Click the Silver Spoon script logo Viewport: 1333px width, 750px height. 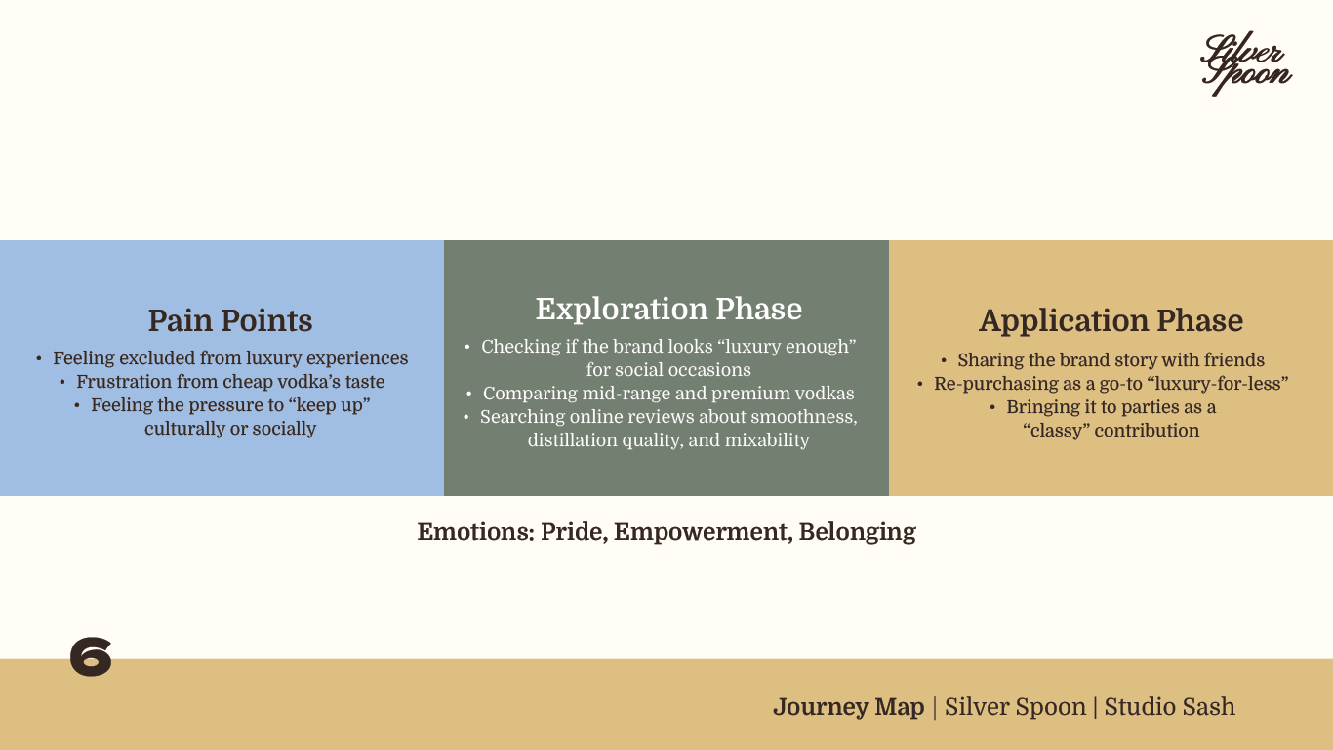(x=1245, y=64)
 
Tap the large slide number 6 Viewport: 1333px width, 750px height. (x=91, y=657)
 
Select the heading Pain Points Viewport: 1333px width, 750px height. (x=230, y=320)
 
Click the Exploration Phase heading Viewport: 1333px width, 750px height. (x=668, y=309)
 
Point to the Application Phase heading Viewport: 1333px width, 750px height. (x=1111, y=320)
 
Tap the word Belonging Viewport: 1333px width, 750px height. (x=857, y=532)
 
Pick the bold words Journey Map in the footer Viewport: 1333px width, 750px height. (x=848, y=707)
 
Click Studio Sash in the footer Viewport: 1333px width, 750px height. (x=1169, y=707)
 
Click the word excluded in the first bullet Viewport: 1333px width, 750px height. (x=169, y=358)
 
